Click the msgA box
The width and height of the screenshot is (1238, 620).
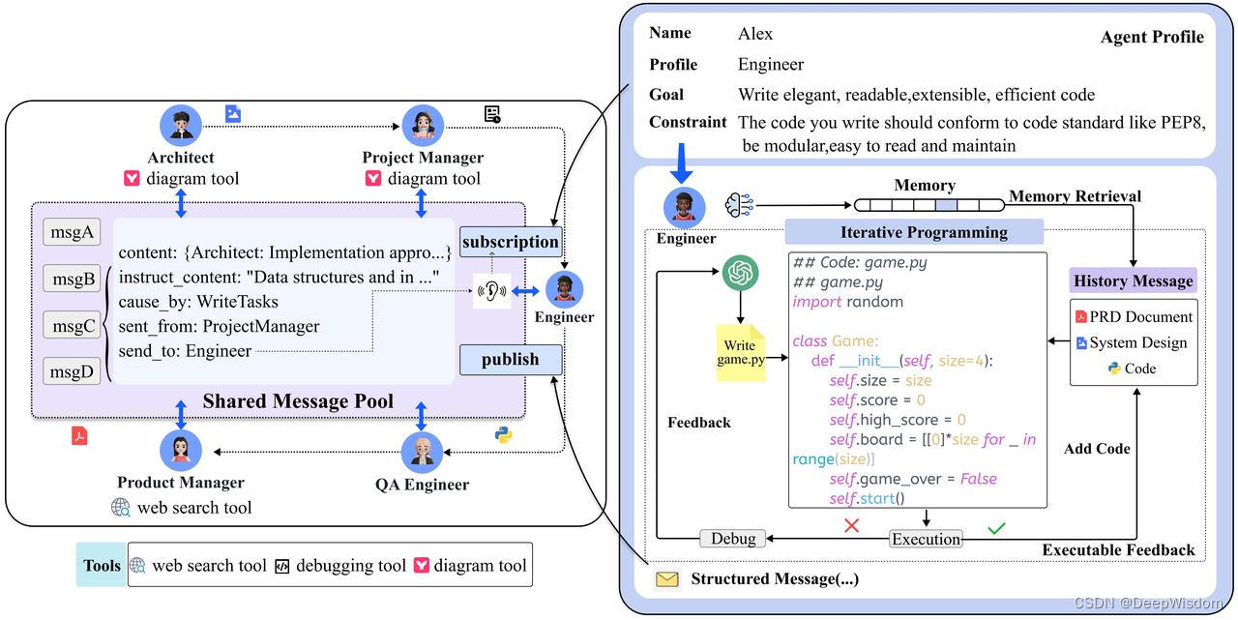point(72,232)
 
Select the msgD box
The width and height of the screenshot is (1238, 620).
point(72,371)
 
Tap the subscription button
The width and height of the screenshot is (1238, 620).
point(511,242)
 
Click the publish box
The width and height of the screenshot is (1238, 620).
point(511,360)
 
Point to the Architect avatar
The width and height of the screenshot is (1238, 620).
point(181,126)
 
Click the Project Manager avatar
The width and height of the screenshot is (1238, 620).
point(423,126)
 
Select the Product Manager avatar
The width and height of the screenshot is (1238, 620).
point(181,451)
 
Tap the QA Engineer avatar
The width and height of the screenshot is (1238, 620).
point(422,453)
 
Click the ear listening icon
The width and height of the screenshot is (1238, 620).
point(491,291)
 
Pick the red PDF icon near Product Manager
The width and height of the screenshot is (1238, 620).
point(79,435)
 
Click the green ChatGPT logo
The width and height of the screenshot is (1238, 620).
point(740,273)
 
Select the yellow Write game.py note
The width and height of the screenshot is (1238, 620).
point(741,352)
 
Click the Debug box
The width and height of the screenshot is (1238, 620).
point(733,538)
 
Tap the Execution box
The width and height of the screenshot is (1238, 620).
point(926,539)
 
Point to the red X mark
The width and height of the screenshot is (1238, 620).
point(852,525)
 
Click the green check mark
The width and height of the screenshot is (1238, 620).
point(996,528)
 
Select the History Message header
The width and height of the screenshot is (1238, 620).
point(1133,280)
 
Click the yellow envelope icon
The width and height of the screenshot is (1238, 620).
point(667,579)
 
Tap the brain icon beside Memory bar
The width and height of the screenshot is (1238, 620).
point(739,205)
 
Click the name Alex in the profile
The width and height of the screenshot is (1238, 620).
point(755,34)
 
